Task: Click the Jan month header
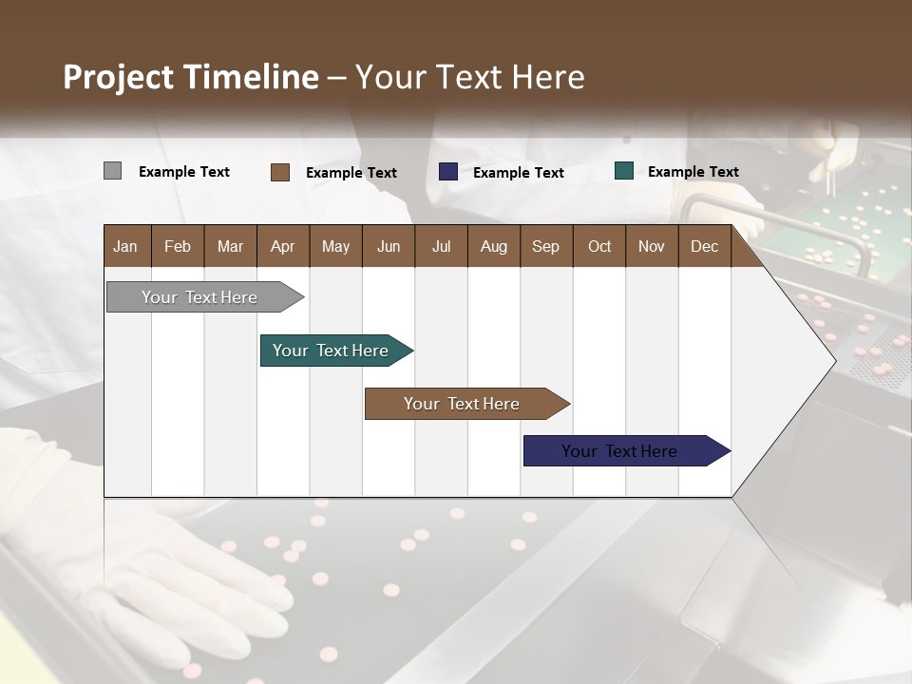click(126, 246)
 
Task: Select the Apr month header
click(282, 246)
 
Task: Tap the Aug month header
click(493, 246)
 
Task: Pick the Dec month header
click(704, 246)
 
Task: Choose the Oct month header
click(599, 246)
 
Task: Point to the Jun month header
click(388, 246)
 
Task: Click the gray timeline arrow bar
click(199, 297)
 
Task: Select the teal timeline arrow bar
click(331, 351)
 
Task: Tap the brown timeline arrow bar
click(462, 404)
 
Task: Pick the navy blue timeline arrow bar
click(620, 451)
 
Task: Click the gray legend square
click(112, 171)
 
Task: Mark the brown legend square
click(280, 172)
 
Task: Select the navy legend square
click(448, 172)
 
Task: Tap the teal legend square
click(624, 171)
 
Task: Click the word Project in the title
click(119, 77)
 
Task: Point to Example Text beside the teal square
click(693, 172)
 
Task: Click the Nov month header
click(652, 246)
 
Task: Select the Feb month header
click(178, 246)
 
